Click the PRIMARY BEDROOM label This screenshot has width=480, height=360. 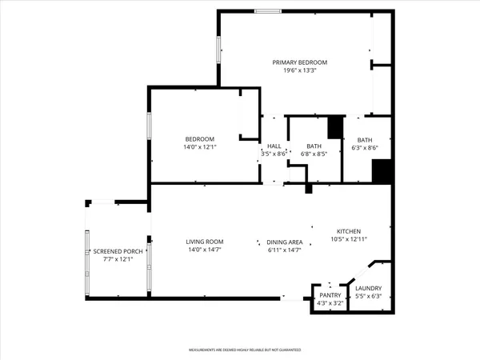299,62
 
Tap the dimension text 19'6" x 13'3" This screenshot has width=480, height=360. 299,70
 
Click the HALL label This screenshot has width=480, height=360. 274,146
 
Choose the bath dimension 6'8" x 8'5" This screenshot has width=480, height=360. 314,154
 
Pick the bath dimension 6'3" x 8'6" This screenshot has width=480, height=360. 365,147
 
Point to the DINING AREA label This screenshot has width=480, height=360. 284,242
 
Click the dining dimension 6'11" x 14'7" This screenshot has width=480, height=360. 284,250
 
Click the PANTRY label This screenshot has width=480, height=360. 330,295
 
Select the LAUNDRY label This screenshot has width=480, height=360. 369,289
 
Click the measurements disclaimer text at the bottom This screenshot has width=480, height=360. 239,350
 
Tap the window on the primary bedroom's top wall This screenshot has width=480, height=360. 267,11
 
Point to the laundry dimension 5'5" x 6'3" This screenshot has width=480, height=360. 369,297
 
